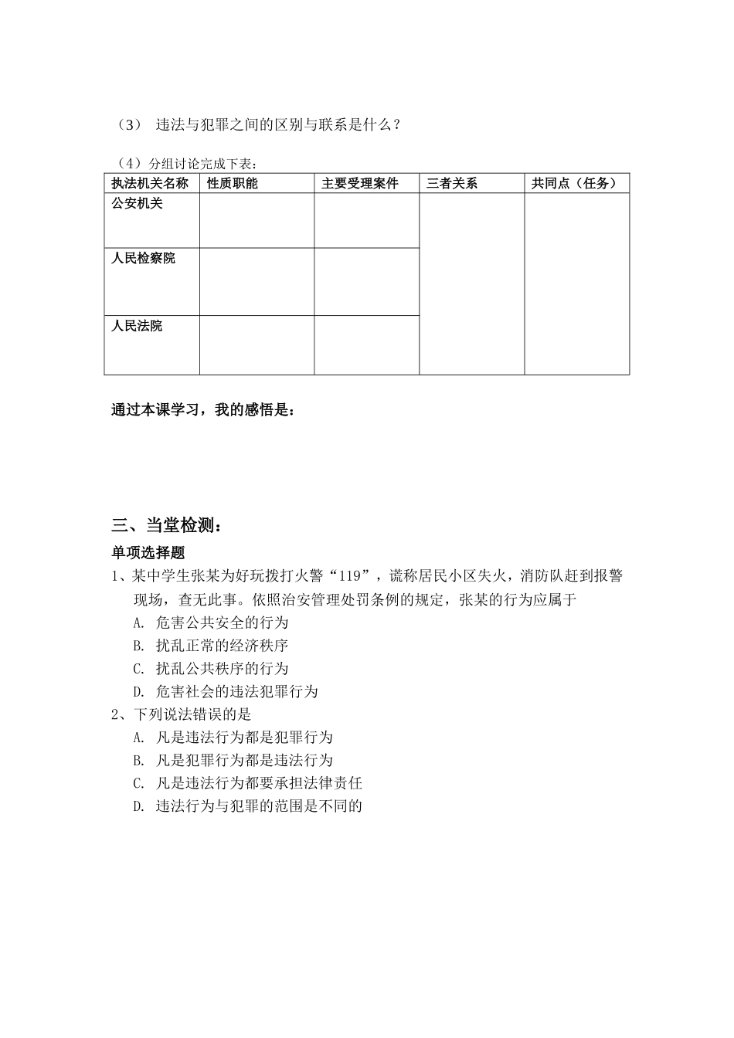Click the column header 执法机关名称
click(x=150, y=183)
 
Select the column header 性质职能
click(x=233, y=183)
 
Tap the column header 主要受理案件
click(x=360, y=183)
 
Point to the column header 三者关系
click(x=452, y=183)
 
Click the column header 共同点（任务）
click(x=575, y=183)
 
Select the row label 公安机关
click(x=138, y=204)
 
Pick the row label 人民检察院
click(x=144, y=258)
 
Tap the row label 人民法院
click(x=138, y=326)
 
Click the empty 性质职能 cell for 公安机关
click(x=257, y=221)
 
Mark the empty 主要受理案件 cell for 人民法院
click(x=366, y=345)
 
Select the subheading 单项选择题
click(x=148, y=552)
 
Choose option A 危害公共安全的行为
click(x=211, y=622)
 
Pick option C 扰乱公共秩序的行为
click(x=211, y=668)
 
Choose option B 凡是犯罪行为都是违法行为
click(x=233, y=760)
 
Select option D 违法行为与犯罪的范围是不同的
click(x=248, y=806)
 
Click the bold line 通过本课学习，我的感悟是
click(x=202, y=410)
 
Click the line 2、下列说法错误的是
click(x=182, y=714)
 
